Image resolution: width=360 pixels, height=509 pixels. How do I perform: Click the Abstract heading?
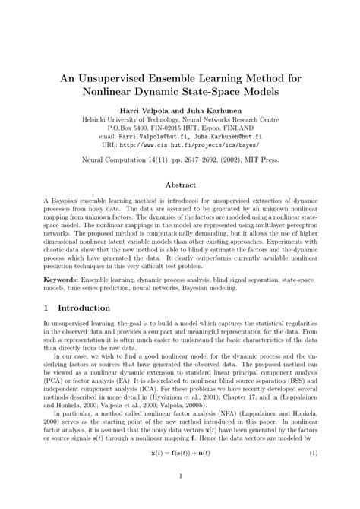[179, 184]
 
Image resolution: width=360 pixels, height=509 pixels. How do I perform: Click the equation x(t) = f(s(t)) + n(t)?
[180, 453]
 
